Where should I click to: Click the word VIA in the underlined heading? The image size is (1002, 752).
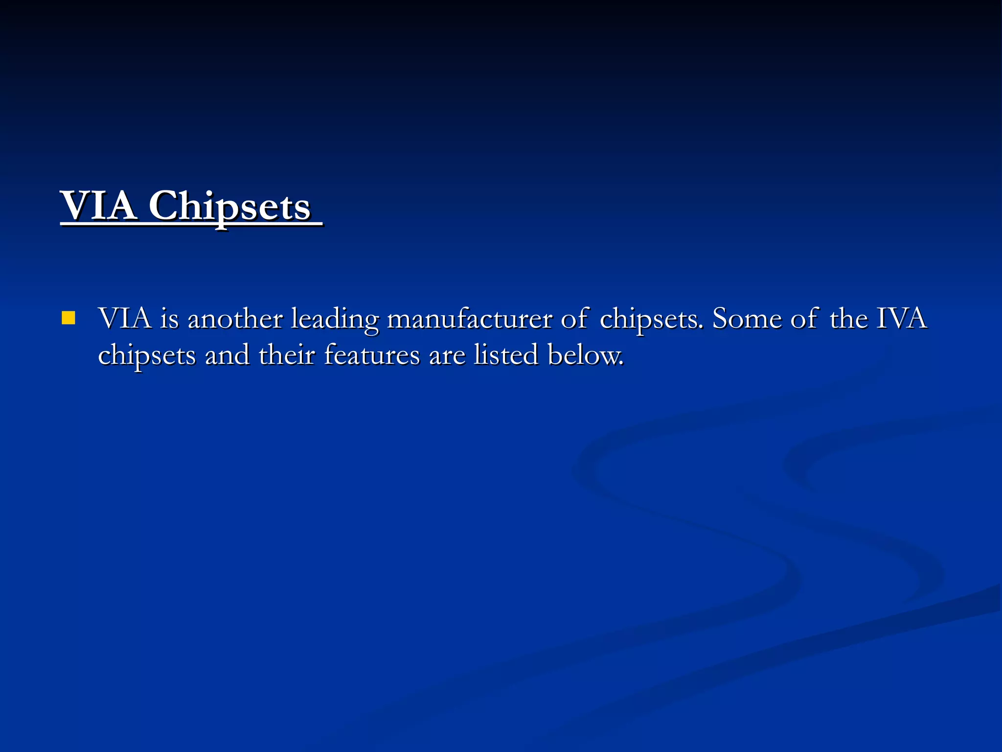(x=98, y=206)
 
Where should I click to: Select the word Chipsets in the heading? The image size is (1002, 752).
(x=229, y=206)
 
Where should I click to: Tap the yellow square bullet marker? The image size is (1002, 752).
(x=68, y=318)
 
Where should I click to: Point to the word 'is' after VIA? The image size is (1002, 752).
(x=170, y=319)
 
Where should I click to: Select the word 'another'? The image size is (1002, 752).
(x=235, y=319)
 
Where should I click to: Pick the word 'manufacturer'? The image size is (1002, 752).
(x=469, y=319)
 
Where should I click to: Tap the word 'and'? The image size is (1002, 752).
(x=227, y=355)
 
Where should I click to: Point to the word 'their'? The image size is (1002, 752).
(x=287, y=355)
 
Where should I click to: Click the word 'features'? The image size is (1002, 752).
(x=372, y=355)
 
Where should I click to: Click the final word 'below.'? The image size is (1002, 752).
(x=586, y=355)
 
